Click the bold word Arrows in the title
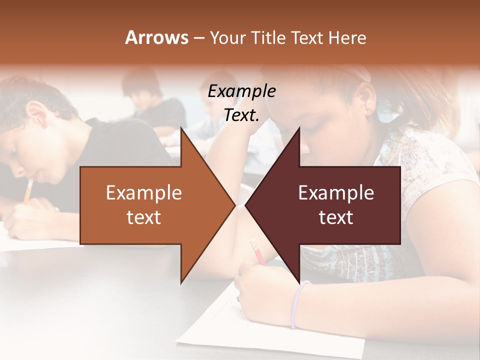[x=157, y=37]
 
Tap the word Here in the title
[x=347, y=38]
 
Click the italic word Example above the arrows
[x=241, y=92]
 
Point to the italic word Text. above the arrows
[x=241, y=115]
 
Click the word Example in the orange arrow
[x=144, y=193]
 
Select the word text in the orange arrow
[x=144, y=217]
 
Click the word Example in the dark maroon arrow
[x=336, y=193]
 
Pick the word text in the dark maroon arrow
[x=336, y=217]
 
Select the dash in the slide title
[x=198, y=38]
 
